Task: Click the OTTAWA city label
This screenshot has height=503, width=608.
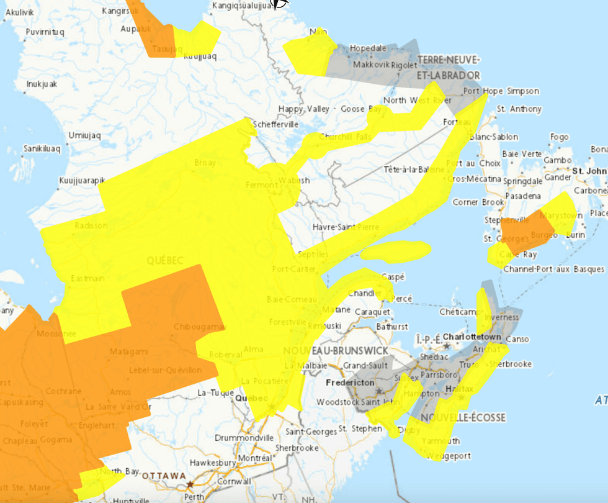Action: click(164, 475)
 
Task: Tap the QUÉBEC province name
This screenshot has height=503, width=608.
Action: click(165, 261)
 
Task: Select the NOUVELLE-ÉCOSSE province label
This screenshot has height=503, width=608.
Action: click(463, 417)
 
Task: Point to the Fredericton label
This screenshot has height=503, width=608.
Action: click(351, 383)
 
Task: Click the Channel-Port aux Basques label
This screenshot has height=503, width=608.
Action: click(553, 269)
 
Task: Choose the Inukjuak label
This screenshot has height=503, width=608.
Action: click(42, 84)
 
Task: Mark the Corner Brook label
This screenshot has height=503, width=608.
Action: click(478, 202)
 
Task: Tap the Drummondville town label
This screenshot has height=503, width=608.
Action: click(244, 437)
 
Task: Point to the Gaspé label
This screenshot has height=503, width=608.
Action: click(393, 276)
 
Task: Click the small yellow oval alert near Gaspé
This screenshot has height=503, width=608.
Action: click(396, 250)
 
